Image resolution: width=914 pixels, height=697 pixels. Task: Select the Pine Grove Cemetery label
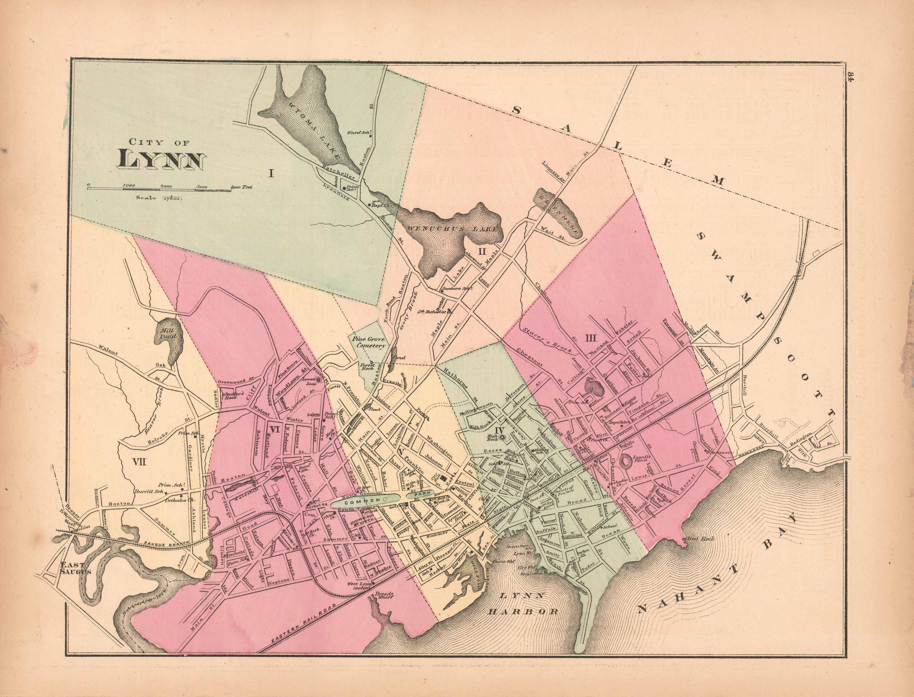(369, 342)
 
